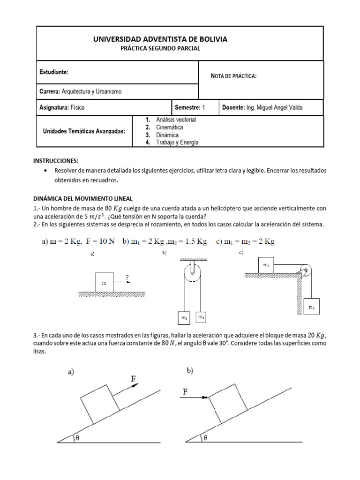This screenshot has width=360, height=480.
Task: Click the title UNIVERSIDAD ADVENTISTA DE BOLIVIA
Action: (x=160, y=39)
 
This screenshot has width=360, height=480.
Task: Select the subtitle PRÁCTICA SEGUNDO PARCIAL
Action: (x=160, y=49)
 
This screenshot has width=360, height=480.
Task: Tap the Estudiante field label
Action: (x=54, y=72)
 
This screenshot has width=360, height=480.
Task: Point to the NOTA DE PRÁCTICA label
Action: (x=234, y=76)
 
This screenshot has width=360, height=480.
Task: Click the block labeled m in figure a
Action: (x=104, y=282)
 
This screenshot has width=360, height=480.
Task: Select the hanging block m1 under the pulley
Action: (x=184, y=318)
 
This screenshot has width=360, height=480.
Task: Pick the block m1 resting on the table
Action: (x=267, y=265)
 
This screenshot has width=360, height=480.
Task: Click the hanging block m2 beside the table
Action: (x=312, y=307)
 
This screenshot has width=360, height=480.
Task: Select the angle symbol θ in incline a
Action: (x=77, y=438)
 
